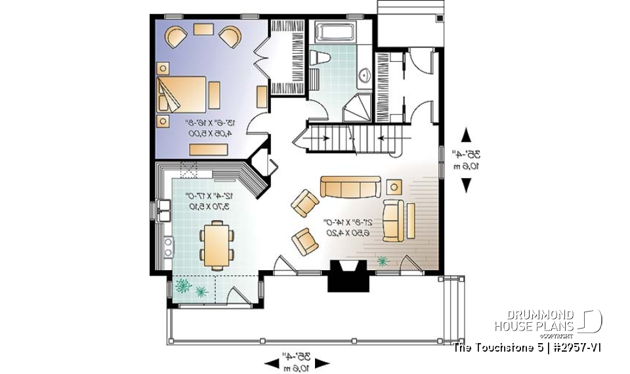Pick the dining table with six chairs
[x=216, y=245]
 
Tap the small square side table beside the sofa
[x=394, y=185]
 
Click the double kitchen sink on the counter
[x=164, y=211]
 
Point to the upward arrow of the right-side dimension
[x=467, y=135]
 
